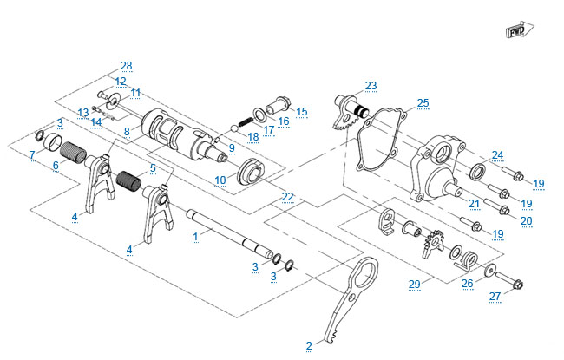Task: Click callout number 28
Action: click(x=127, y=66)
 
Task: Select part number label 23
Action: click(x=371, y=85)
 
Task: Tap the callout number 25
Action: click(x=423, y=102)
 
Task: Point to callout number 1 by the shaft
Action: click(x=196, y=234)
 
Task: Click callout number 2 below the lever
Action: click(x=309, y=345)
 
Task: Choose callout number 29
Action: click(x=414, y=284)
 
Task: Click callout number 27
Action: click(x=494, y=297)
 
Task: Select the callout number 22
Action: click(x=287, y=197)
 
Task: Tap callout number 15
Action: click(x=302, y=111)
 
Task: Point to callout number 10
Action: click(x=220, y=180)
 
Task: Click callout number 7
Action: click(x=31, y=154)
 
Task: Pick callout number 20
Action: click(x=526, y=220)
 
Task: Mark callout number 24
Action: click(x=496, y=156)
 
